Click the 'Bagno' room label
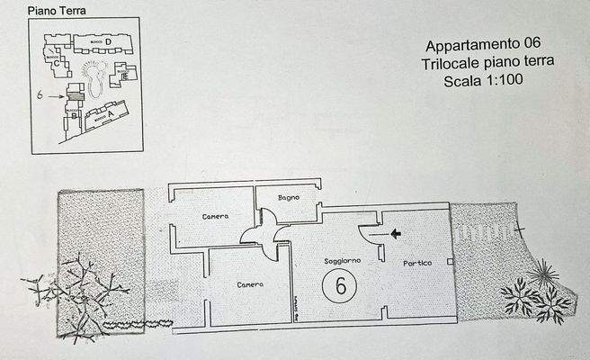[x=289, y=197]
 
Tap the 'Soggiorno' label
[x=342, y=260]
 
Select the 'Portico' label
[x=417, y=263]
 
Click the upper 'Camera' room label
[x=215, y=217]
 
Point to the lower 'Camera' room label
[x=250, y=284]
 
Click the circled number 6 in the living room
[x=340, y=286]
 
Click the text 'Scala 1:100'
[x=483, y=80]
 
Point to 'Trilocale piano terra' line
[x=486, y=62]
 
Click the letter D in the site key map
[x=108, y=41]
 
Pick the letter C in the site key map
[x=56, y=64]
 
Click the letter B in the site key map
[x=74, y=115]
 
